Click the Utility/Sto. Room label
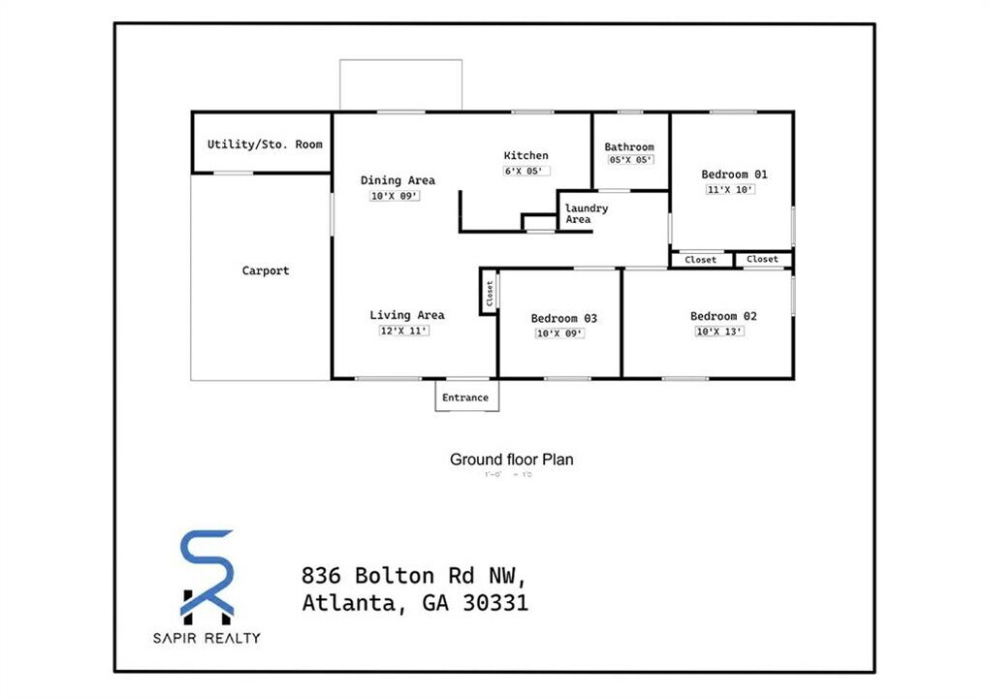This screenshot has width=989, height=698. [265, 144]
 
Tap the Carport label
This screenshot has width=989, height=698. [265, 270]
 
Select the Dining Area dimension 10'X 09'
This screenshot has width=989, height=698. [395, 196]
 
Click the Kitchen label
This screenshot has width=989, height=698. [526, 155]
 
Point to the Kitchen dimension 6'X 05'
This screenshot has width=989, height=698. [526, 171]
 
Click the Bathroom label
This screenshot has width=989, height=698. [629, 147]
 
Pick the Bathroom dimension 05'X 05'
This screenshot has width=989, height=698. [630, 160]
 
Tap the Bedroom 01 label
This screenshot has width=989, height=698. [734, 174]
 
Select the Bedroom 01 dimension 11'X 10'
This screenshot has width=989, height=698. [730, 190]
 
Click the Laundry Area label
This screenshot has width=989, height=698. [586, 213]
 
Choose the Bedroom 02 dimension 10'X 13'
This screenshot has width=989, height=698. [719, 332]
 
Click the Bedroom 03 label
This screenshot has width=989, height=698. [563, 318]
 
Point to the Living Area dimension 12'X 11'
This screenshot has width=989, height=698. [403, 331]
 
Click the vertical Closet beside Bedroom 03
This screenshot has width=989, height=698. [489, 292]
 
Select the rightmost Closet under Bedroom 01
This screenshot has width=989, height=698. [762, 259]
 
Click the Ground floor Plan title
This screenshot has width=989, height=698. [511, 460]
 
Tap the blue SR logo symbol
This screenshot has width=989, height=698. [207, 576]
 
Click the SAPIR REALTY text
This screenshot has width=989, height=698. [206, 638]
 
